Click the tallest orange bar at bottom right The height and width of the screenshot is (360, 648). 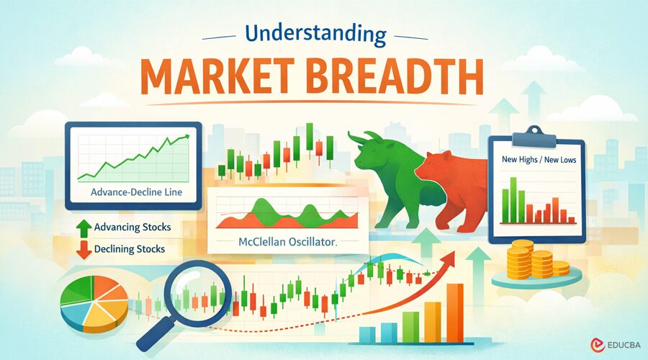click(x=454, y=312)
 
